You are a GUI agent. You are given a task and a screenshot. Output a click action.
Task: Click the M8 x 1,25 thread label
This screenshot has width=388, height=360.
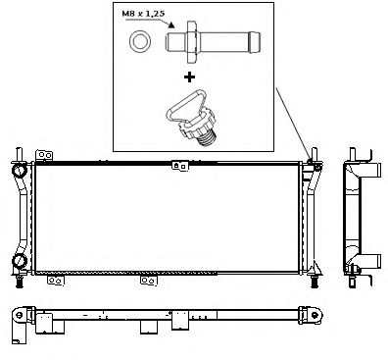(143, 14)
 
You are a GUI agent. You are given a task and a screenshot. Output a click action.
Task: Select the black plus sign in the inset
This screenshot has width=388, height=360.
(189, 77)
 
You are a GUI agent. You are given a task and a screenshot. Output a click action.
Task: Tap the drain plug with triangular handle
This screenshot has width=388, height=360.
(191, 117)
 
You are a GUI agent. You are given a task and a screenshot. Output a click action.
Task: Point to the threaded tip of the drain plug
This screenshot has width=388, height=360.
(207, 139)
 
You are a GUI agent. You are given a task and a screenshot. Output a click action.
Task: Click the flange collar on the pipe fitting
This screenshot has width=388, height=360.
(191, 42)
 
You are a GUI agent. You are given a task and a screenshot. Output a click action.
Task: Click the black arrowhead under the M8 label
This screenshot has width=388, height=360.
(171, 25)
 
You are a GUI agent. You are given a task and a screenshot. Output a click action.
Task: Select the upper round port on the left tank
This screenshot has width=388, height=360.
(20, 171)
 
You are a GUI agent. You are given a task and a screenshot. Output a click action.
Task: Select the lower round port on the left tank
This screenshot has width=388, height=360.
(20, 261)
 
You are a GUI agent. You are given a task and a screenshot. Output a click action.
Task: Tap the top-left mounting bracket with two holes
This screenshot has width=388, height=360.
(44, 155)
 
